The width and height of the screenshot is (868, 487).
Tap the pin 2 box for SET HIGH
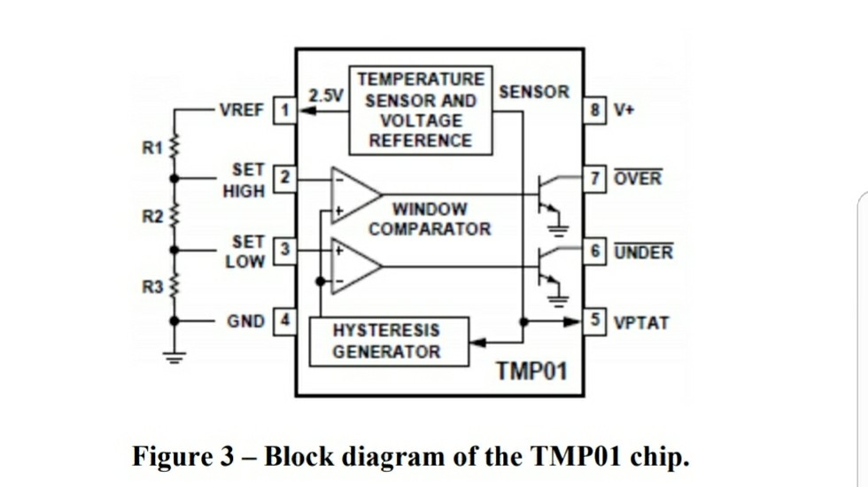point(286,177)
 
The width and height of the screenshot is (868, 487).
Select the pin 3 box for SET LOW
point(286,249)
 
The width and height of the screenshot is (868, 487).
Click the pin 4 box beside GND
point(286,319)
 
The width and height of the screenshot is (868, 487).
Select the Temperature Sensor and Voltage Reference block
point(421,110)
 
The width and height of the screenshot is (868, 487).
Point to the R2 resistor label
point(151,215)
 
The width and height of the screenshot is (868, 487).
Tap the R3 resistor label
point(151,286)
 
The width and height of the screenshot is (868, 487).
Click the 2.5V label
point(325,95)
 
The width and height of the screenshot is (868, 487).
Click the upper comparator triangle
point(354,192)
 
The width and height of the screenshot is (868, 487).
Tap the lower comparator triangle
point(354,265)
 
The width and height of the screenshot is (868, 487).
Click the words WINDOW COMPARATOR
point(430,220)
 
